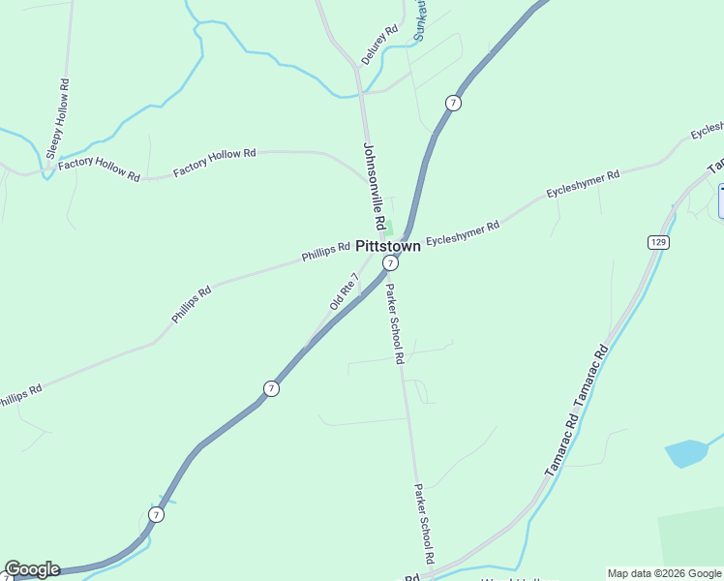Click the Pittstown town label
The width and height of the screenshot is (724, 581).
click(x=388, y=246)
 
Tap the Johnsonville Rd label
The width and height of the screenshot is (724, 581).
click(x=375, y=187)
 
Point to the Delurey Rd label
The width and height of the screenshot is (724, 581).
click(x=379, y=45)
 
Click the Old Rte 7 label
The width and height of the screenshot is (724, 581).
click(x=344, y=290)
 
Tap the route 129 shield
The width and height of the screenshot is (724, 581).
click(x=658, y=242)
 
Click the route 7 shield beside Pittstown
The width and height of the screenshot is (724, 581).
click(x=389, y=263)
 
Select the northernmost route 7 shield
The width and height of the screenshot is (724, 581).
click(x=453, y=103)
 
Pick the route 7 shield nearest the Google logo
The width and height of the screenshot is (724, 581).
click(x=157, y=514)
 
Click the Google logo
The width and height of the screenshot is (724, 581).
click(x=32, y=569)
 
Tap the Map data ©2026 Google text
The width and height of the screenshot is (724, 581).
click(x=665, y=573)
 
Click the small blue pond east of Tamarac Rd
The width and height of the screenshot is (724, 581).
click(x=686, y=453)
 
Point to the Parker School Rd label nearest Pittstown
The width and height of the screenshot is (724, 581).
click(x=394, y=322)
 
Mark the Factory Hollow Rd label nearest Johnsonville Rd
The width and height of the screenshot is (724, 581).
click(x=214, y=163)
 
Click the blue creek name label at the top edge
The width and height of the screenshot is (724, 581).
click(x=420, y=19)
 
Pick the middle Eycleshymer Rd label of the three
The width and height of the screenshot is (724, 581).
click(x=583, y=184)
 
